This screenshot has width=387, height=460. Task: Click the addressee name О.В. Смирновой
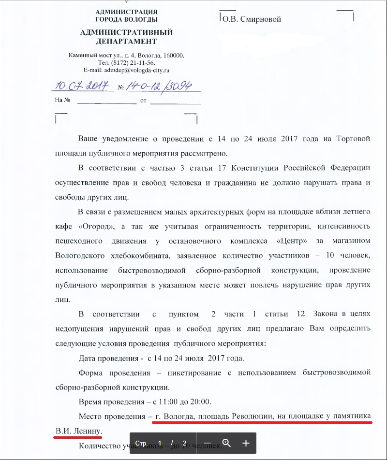(x=252, y=19)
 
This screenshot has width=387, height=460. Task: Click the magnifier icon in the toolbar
(x=226, y=443)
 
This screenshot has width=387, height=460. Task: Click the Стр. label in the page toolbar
(x=141, y=443)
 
